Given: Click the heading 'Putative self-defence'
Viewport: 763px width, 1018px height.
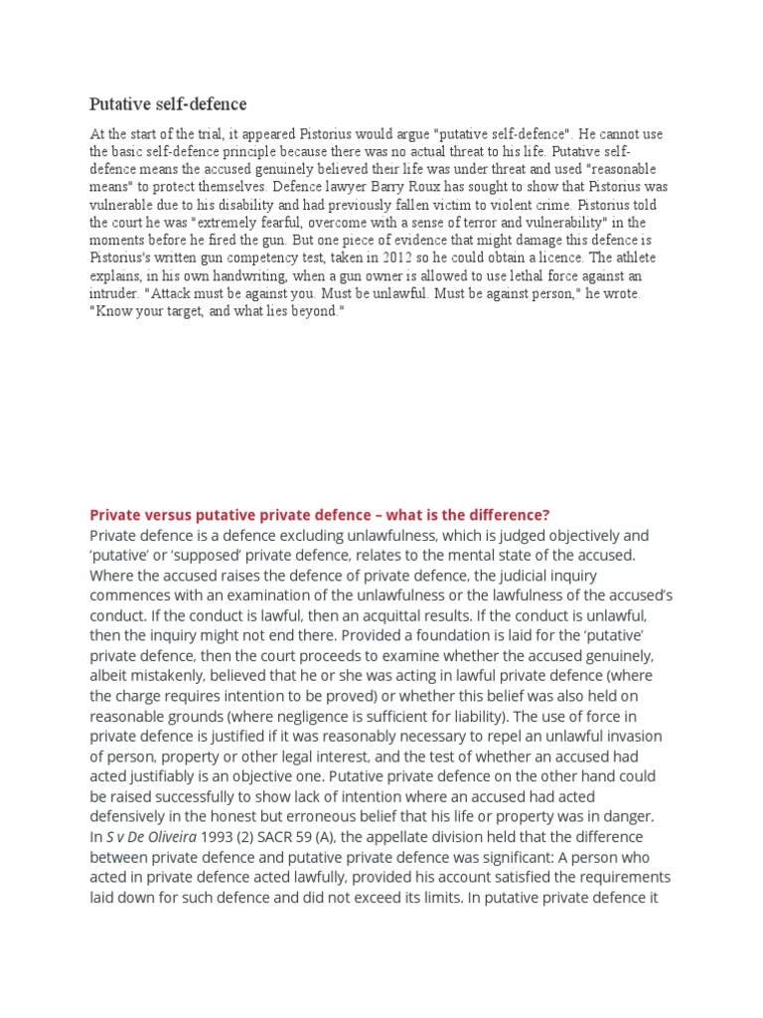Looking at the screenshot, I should coord(168,103).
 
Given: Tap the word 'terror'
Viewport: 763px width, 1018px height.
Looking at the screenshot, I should coord(479,223).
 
